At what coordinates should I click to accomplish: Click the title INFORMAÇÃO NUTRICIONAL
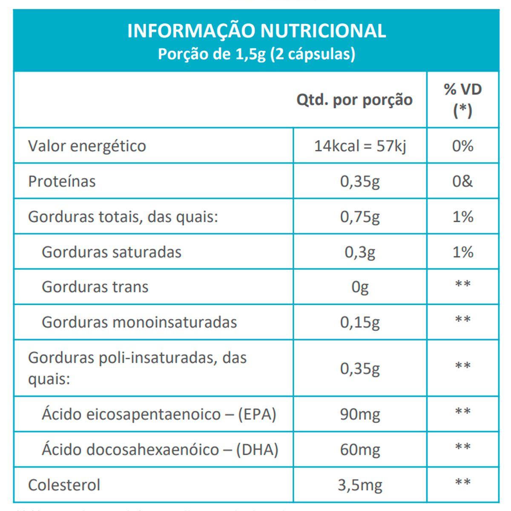[x=256, y=31]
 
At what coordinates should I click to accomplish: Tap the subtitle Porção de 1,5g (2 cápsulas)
[x=256, y=54]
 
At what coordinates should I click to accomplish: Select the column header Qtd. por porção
[x=354, y=100]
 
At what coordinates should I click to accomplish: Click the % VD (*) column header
[x=462, y=100]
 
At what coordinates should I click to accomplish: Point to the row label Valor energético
[x=87, y=146]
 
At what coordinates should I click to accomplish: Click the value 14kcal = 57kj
[x=360, y=146]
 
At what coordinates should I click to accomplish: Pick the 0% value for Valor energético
[x=462, y=146]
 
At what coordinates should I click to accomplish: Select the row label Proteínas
[x=62, y=181]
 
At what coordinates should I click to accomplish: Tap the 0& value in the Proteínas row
[x=462, y=181]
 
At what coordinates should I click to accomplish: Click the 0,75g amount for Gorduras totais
[x=360, y=217]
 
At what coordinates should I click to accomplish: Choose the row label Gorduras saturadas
[x=112, y=252]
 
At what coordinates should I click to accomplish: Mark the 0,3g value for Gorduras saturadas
[x=360, y=252]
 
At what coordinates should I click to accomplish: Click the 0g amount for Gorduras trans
[x=360, y=287]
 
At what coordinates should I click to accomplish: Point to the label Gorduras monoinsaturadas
[x=139, y=322]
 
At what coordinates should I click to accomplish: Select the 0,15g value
[x=360, y=322]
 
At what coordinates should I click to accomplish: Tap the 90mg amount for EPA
[x=360, y=414]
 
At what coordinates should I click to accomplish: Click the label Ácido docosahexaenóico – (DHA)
[x=160, y=450]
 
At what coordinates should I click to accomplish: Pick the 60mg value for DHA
[x=360, y=450]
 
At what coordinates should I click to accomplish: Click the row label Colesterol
[x=64, y=485]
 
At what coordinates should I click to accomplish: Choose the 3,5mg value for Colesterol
[x=360, y=485]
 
